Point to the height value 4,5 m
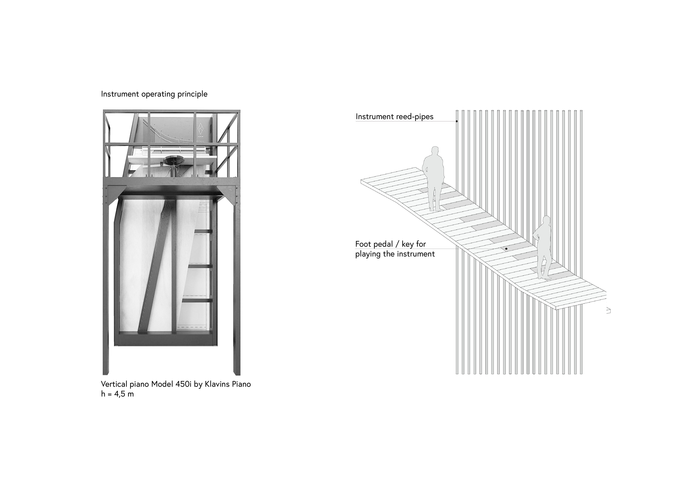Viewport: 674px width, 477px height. (x=124, y=394)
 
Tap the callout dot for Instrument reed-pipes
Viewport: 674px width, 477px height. (x=457, y=121)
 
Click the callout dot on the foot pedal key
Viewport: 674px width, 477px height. (x=506, y=249)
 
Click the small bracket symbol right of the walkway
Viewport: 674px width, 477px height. (x=609, y=310)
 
